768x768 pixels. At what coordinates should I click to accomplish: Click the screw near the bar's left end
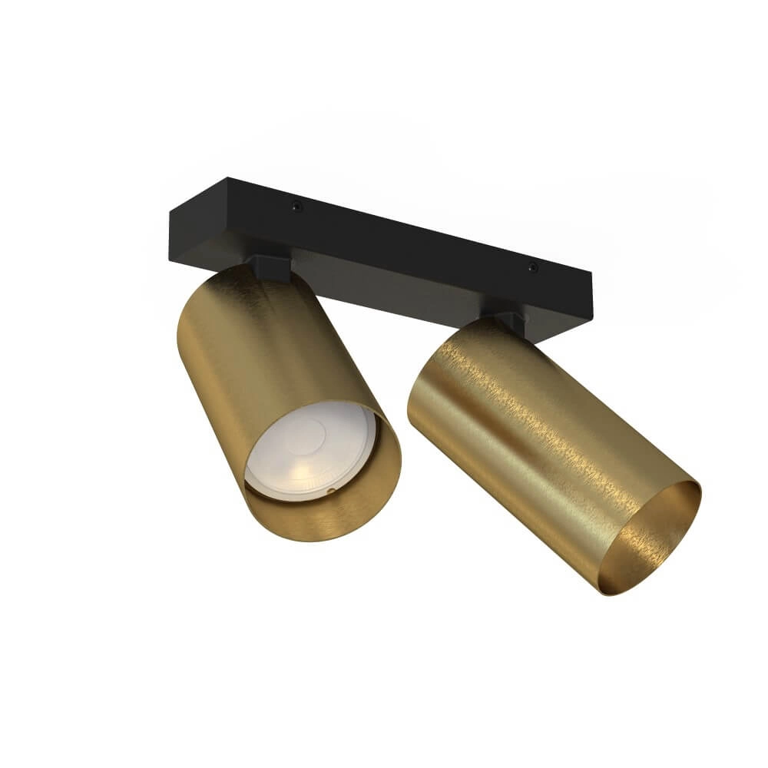[x=295, y=206]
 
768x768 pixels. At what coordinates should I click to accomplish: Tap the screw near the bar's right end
[x=531, y=268]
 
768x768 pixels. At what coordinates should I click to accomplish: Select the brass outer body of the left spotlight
[x=230, y=353]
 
